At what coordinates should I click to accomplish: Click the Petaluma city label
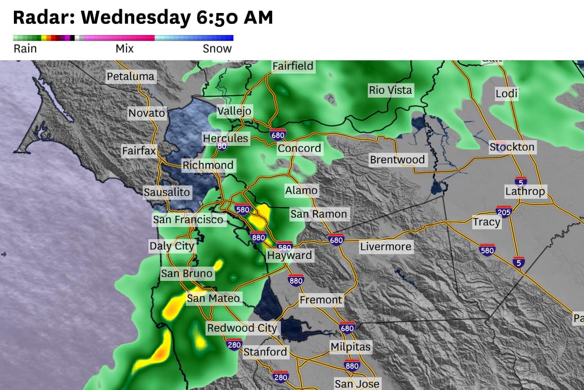tap(130, 77)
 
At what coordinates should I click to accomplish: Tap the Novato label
tap(147, 113)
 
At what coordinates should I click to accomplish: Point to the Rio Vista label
tap(390, 90)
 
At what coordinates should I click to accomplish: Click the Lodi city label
tap(507, 94)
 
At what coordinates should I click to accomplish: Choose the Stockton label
tap(512, 147)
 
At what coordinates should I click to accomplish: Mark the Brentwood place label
tap(397, 160)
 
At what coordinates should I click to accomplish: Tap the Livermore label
tap(385, 247)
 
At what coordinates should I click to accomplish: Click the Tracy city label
tap(487, 222)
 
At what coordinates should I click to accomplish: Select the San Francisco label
tap(188, 220)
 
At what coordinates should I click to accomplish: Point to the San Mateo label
tap(213, 298)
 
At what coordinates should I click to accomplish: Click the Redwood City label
tap(242, 328)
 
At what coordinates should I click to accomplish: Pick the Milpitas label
tap(350, 347)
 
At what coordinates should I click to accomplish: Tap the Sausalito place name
tap(167, 193)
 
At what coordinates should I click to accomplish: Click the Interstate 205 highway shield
tap(504, 211)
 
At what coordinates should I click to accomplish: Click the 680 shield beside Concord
tap(277, 134)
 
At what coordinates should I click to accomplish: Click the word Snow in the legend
tap(217, 49)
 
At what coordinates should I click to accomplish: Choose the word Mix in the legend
tap(124, 49)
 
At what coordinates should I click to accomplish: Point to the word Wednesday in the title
tap(136, 18)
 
